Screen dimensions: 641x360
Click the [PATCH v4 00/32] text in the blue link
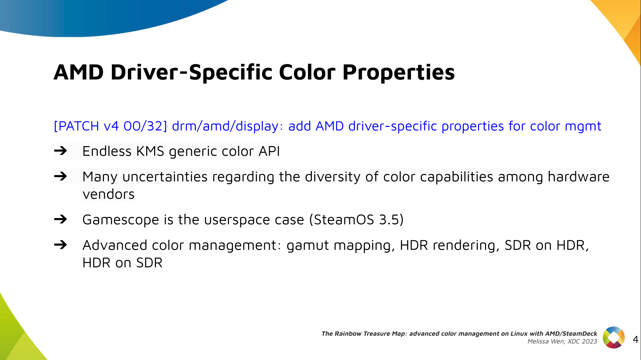click(110, 126)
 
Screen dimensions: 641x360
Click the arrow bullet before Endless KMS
click(60, 151)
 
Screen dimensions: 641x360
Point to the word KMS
click(150, 151)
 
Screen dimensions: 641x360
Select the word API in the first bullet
click(269, 151)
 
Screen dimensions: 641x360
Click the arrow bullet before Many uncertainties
click(60, 176)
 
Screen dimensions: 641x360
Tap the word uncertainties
click(165, 177)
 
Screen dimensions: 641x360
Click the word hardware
click(579, 177)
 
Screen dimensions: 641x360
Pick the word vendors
click(109, 195)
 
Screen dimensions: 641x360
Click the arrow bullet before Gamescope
click(60, 220)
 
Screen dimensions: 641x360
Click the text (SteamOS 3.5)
click(356, 220)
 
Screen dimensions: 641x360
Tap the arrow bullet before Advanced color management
click(60, 245)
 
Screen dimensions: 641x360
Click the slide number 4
click(635, 340)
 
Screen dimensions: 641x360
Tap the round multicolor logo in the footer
click(614, 337)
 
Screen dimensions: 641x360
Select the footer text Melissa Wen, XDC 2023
click(562, 341)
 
